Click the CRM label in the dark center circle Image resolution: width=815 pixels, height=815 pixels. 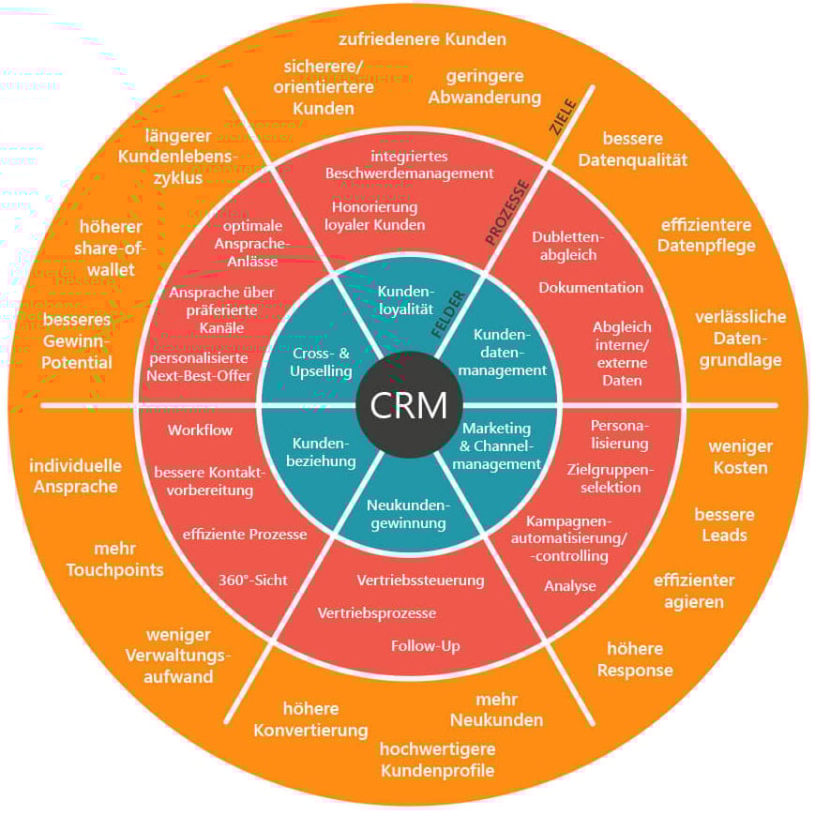[x=408, y=407]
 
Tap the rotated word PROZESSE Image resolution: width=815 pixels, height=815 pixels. [x=507, y=212]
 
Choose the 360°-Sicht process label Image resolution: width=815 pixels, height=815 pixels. [x=253, y=580]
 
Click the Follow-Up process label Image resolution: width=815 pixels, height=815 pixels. [x=425, y=645]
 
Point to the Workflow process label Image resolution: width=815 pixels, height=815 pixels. [x=201, y=430]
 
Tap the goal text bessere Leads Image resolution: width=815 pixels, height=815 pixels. [x=724, y=524]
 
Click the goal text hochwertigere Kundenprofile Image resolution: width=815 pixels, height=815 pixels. [x=437, y=760]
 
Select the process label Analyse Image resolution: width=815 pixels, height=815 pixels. [x=570, y=586]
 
